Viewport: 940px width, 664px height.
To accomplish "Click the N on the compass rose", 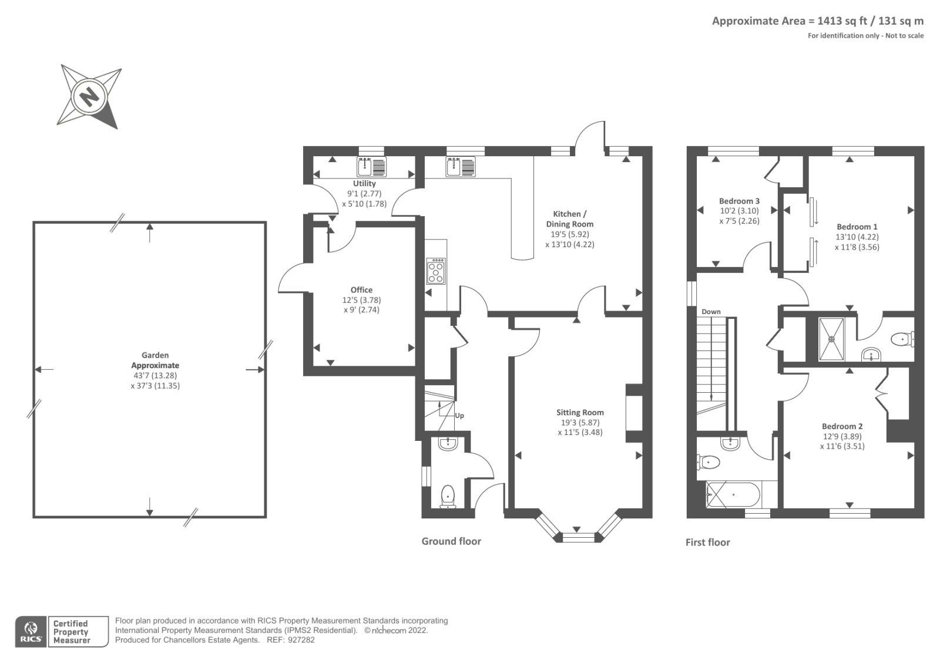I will click(x=89, y=96).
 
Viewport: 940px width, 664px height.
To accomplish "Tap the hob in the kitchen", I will click(x=436, y=271).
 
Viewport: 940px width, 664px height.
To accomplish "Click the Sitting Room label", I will click(x=580, y=412).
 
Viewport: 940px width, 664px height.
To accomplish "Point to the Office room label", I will click(x=361, y=289).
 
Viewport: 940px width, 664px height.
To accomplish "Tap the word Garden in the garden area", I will click(x=155, y=355).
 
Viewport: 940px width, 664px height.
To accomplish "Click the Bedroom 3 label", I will click(x=739, y=201).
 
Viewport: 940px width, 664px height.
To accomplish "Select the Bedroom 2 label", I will click(x=842, y=426).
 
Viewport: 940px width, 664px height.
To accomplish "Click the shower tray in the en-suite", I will click(x=831, y=339).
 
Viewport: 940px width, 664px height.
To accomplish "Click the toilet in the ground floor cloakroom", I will click(x=448, y=497).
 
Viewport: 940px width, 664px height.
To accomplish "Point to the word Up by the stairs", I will click(x=459, y=416).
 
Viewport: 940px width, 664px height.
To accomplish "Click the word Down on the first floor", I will click(x=711, y=312).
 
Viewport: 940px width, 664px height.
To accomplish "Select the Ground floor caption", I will click(x=451, y=541).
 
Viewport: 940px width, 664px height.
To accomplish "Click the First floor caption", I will click(x=707, y=542).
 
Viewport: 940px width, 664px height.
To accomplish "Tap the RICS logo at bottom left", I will click(x=31, y=632).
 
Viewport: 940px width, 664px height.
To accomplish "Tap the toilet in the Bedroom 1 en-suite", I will click(x=901, y=339).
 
